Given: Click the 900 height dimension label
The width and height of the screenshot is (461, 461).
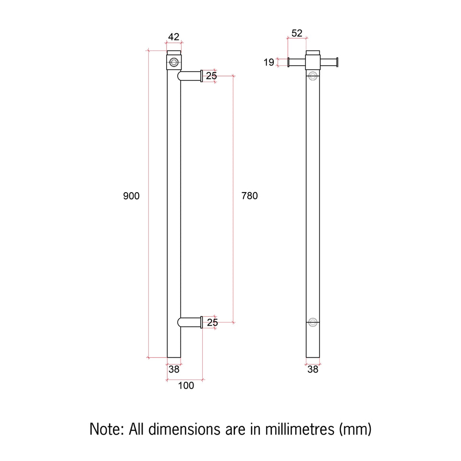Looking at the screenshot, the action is pyautogui.click(x=131, y=196).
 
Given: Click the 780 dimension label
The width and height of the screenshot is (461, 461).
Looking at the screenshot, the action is pyautogui.click(x=249, y=196).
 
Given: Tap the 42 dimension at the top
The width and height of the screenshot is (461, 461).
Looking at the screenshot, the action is pyautogui.click(x=174, y=37).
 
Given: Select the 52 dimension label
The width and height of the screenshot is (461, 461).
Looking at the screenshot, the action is pyautogui.click(x=297, y=33).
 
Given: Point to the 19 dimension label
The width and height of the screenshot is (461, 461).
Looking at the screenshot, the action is pyautogui.click(x=269, y=62).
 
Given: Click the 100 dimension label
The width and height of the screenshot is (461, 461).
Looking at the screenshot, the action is pyautogui.click(x=186, y=386).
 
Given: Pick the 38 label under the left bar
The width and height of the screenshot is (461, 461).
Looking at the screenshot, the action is pyautogui.click(x=174, y=369).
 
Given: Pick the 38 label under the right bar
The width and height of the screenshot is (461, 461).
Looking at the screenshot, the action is pyautogui.click(x=313, y=369).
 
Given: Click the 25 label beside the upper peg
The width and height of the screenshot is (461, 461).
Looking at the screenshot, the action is pyautogui.click(x=211, y=76).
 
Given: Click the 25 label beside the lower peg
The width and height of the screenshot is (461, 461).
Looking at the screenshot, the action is pyautogui.click(x=212, y=323).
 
